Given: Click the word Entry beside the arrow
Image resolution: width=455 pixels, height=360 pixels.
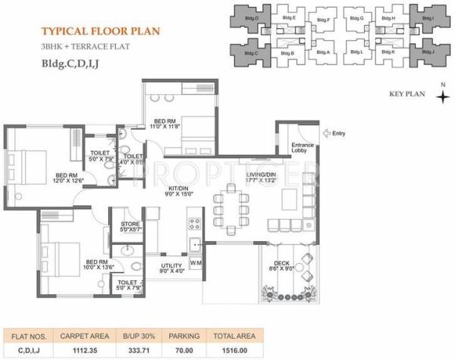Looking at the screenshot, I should [338, 134].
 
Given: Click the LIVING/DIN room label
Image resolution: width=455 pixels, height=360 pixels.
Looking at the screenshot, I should [260, 178].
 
